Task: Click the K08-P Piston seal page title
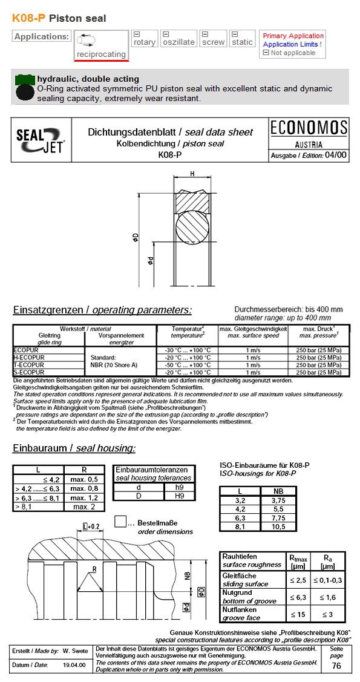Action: click(x=59, y=18)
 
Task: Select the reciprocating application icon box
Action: click(x=101, y=45)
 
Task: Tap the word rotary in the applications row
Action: click(x=145, y=42)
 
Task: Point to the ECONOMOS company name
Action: click(x=309, y=128)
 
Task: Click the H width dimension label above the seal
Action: click(x=192, y=174)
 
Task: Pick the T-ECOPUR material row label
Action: click(x=29, y=365)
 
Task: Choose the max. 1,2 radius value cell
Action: click(x=84, y=497)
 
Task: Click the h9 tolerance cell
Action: click(x=179, y=487)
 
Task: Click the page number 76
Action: click(x=336, y=666)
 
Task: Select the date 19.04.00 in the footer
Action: click(x=74, y=665)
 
